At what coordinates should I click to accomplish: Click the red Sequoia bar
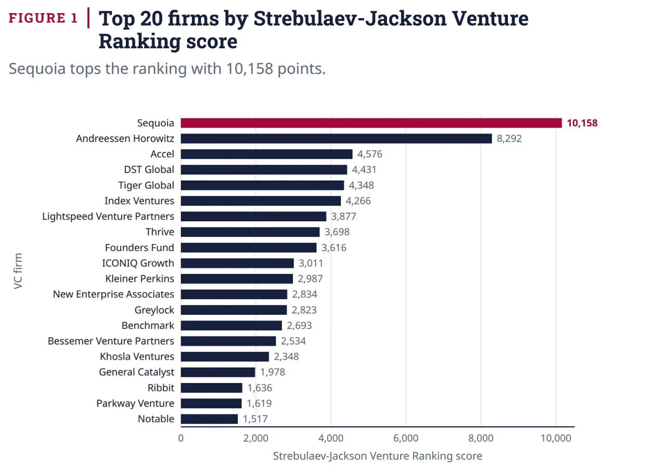click(x=371, y=123)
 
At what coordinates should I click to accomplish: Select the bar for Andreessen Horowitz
click(x=336, y=138)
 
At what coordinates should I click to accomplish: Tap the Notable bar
click(x=209, y=419)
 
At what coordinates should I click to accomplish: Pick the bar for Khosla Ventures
click(x=225, y=357)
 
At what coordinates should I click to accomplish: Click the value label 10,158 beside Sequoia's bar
click(x=582, y=123)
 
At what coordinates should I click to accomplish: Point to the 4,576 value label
click(x=369, y=154)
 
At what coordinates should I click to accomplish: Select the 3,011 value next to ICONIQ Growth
click(x=311, y=263)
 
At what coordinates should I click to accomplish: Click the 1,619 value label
click(x=259, y=403)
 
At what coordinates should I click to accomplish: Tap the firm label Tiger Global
click(x=146, y=185)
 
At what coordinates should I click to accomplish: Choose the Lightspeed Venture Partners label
click(x=108, y=216)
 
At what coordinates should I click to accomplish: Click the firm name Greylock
click(x=155, y=310)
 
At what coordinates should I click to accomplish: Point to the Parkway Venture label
click(x=135, y=403)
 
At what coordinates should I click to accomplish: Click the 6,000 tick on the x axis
click(x=405, y=438)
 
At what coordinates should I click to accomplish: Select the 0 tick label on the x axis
click(x=181, y=438)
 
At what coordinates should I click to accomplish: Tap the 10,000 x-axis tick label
click(x=556, y=438)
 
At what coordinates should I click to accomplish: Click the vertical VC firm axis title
click(x=18, y=271)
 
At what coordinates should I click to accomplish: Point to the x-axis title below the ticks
click(x=378, y=456)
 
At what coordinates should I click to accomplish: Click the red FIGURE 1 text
click(x=43, y=18)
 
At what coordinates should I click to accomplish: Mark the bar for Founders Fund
click(x=249, y=248)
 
